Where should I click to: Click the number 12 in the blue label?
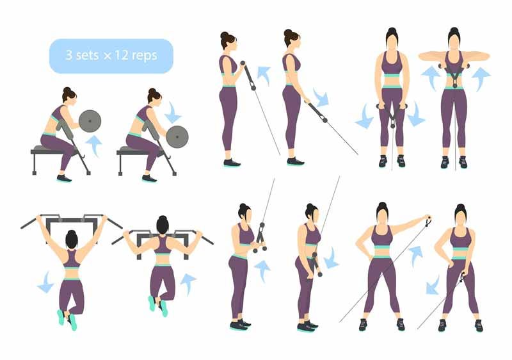click(124, 56)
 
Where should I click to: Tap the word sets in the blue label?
click(88, 56)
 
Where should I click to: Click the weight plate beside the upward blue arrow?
click(90, 120)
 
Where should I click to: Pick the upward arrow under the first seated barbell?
click(94, 145)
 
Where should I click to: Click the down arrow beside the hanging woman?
click(45, 282)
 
